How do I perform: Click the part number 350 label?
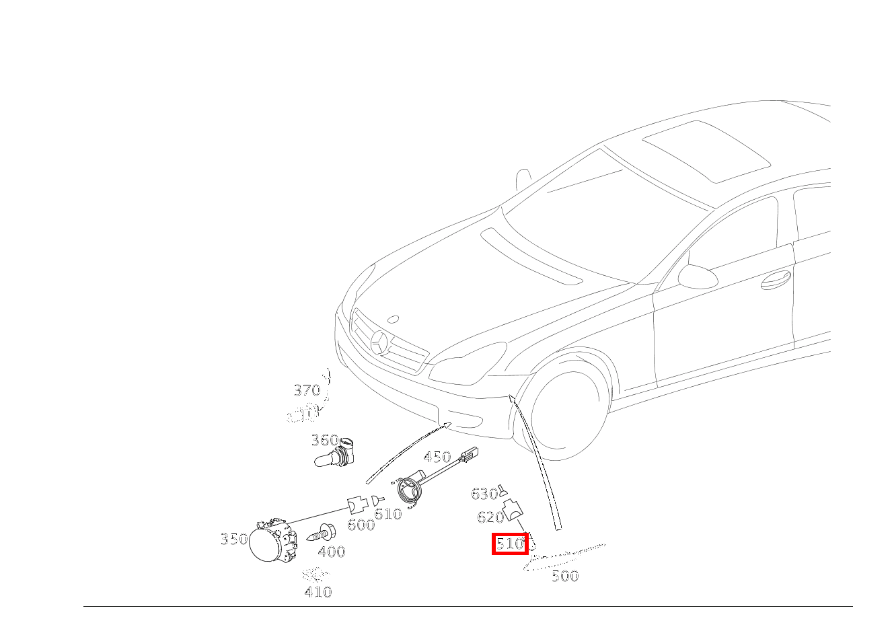(x=233, y=539)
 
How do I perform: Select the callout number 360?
(x=324, y=440)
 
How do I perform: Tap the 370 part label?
(x=307, y=390)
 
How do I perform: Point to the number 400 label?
(x=332, y=552)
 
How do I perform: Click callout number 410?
(x=318, y=592)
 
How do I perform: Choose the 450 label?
(x=437, y=457)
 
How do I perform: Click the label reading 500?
(x=565, y=576)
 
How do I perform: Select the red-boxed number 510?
(x=510, y=544)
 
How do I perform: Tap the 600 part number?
(x=361, y=525)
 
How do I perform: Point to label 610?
(x=388, y=515)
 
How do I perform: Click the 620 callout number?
(x=490, y=517)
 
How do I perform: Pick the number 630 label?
(x=484, y=494)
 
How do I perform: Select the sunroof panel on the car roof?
(x=706, y=151)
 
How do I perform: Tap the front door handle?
(x=775, y=280)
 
